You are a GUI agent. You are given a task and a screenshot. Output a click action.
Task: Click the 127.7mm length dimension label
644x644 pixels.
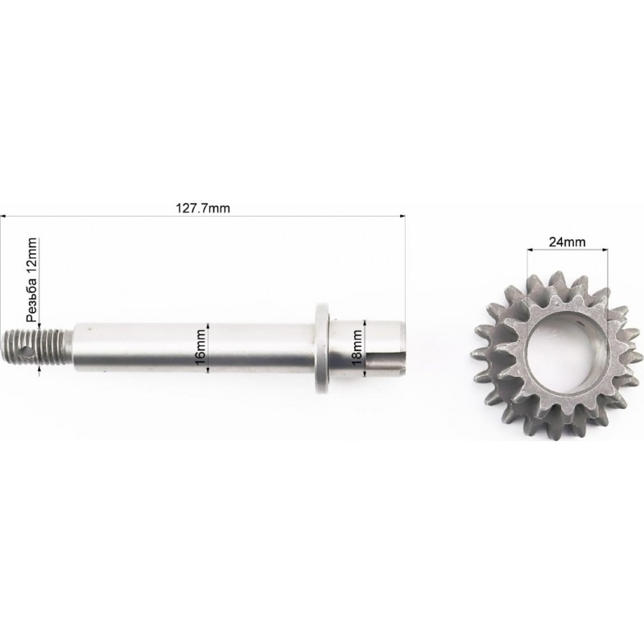click(203, 208)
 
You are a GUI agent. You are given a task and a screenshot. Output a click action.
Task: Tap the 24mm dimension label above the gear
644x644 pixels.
click(568, 242)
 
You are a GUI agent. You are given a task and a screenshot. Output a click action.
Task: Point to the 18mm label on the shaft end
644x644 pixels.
click(357, 347)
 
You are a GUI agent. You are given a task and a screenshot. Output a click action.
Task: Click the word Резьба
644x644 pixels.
click(31, 299)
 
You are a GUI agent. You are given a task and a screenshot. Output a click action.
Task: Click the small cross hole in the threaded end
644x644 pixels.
click(27, 352)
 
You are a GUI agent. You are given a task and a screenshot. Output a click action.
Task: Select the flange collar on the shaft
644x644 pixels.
click(323, 348)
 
